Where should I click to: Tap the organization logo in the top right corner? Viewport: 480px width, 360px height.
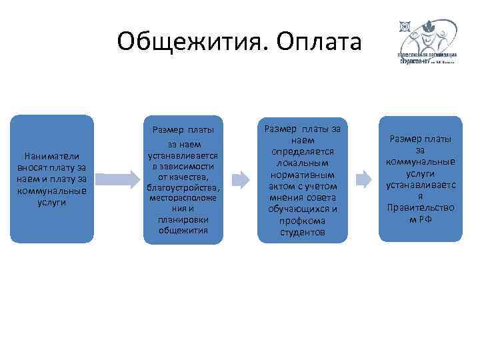[426, 41]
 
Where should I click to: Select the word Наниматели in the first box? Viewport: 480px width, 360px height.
[51, 155]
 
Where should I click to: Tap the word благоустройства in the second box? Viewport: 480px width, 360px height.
[183, 187]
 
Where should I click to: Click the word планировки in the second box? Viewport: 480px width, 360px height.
[183, 219]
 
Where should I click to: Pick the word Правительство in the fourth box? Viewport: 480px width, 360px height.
[420, 207]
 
